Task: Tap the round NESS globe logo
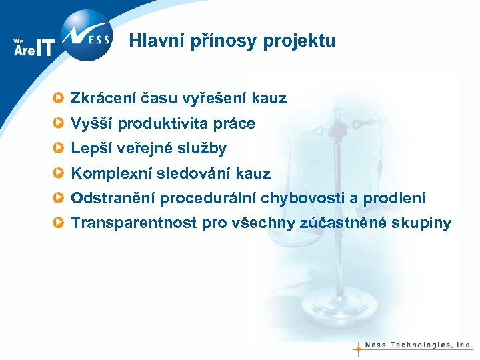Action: pos(85,34)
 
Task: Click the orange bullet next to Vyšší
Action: pos(60,124)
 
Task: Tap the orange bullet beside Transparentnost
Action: pos(60,223)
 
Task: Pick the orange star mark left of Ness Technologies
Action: pos(358,347)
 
